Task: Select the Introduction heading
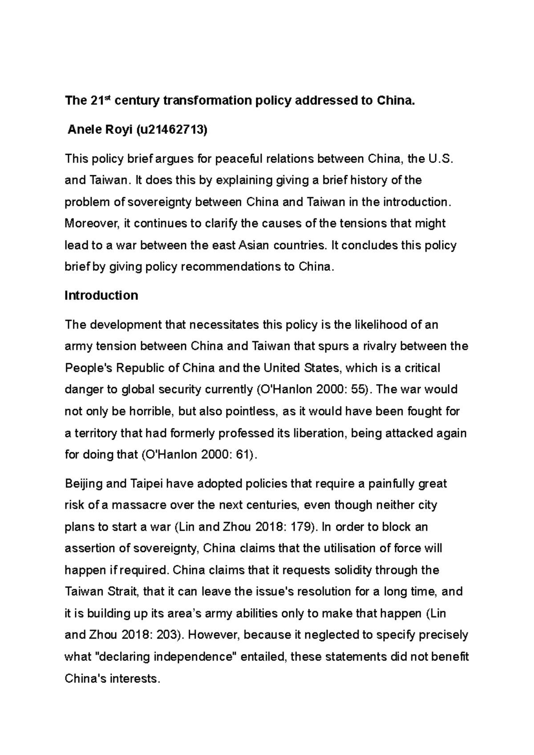tap(101, 296)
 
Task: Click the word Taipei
tap(146, 484)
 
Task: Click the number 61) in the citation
tap(247, 455)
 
